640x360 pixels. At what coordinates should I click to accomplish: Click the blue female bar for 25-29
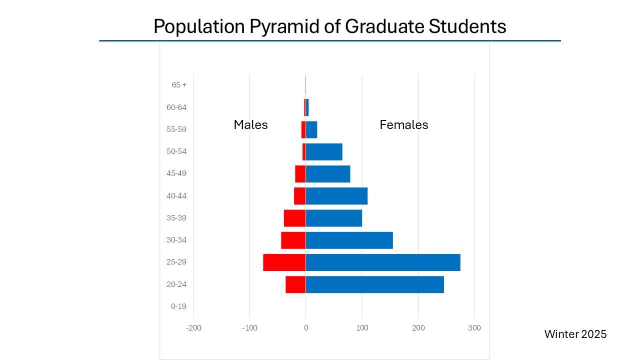point(382,262)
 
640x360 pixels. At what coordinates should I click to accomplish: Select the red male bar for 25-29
point(284,262)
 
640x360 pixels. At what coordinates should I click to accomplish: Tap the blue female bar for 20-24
point(374,284)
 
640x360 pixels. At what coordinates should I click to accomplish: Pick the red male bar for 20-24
point(295,284)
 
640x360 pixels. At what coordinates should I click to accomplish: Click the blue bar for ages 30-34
point(349,240)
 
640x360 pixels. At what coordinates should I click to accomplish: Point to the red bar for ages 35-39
point(294,218)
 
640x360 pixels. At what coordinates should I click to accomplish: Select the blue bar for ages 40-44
point(336,196)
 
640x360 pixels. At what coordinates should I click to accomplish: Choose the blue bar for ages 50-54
point(324,151)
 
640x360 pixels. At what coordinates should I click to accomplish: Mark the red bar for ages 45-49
point(300,174)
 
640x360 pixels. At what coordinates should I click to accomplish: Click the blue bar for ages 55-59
point(311,129)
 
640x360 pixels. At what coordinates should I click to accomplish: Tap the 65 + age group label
point(178,85)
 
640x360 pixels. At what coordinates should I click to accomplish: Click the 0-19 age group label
point(178,306)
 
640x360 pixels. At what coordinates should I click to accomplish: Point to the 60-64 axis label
point(176,107)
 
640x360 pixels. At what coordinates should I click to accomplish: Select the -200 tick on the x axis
point(193,328)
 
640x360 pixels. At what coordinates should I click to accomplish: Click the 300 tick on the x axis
point(474,328)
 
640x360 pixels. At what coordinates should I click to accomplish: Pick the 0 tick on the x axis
point(306,328)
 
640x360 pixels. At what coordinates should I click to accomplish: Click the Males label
point(250,125)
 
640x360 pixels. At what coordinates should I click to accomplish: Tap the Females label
point(403,125)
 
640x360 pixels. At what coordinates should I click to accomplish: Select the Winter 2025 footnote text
point(575,334)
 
